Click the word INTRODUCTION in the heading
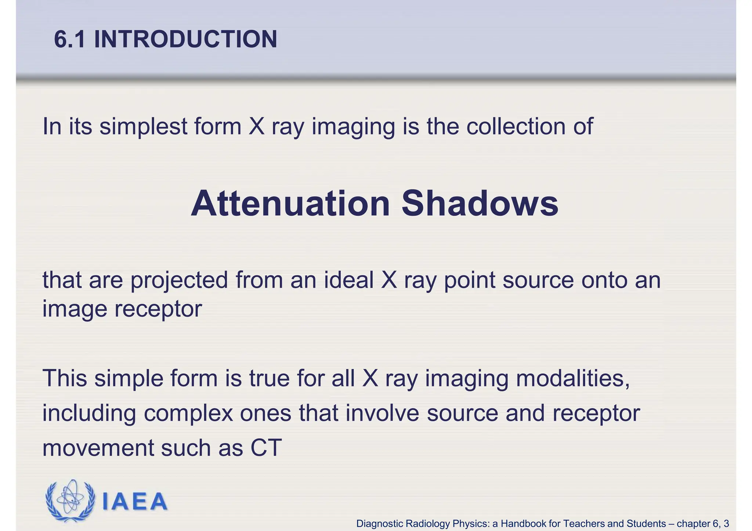coord(185,39)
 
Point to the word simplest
coord(143,127)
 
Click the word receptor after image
coord(158,309)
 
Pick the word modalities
coord(573,379)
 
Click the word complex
coord(188,414)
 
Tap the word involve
coord(382,413)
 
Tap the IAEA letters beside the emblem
coord(134,502)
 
